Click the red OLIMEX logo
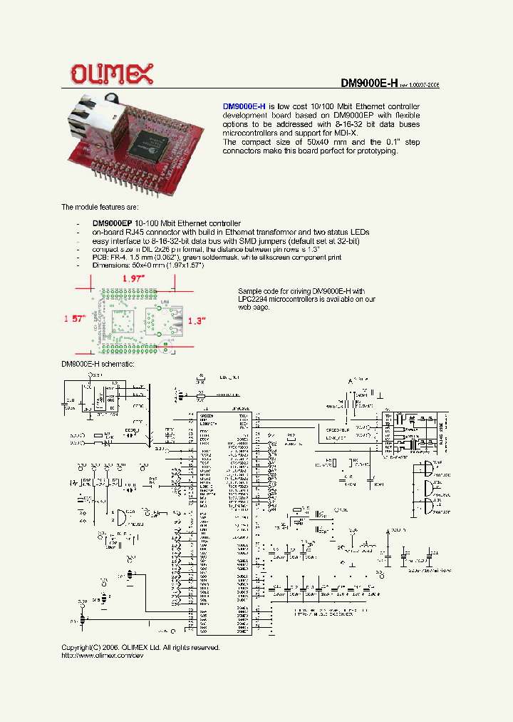click(x=110, y=73)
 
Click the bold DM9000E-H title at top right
click(x=368, y=83)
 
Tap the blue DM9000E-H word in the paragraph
click(x=244, y=106)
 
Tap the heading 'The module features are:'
click(x=100, y=207)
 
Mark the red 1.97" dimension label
click(x=133, y=278)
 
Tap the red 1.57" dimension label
click(x=74, y=318)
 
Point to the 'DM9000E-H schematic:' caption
click(x=98, y=364)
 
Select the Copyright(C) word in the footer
click(x=82, y=647)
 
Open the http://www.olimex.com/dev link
click(x=98, y=656)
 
